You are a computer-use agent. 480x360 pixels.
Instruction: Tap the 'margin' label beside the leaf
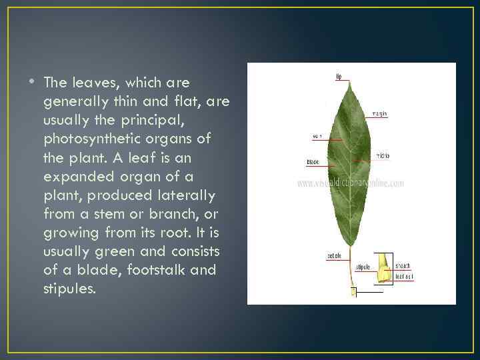(380, 113)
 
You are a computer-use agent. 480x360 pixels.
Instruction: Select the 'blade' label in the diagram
(312, 161)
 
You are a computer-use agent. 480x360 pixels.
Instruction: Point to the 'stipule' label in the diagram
(363, 267)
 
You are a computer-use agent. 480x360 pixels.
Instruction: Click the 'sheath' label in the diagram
(403, 265)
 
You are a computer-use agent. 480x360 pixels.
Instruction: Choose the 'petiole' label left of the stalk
(334, 256)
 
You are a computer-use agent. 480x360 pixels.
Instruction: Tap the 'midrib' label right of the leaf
(383, 155)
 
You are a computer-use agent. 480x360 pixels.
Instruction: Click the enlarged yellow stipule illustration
(383, 268)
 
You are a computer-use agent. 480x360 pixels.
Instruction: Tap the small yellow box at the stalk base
(354, 291)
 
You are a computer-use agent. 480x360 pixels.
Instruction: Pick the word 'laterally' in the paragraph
(189, 196)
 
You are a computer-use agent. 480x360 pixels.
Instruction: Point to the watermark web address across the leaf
(351, 183)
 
